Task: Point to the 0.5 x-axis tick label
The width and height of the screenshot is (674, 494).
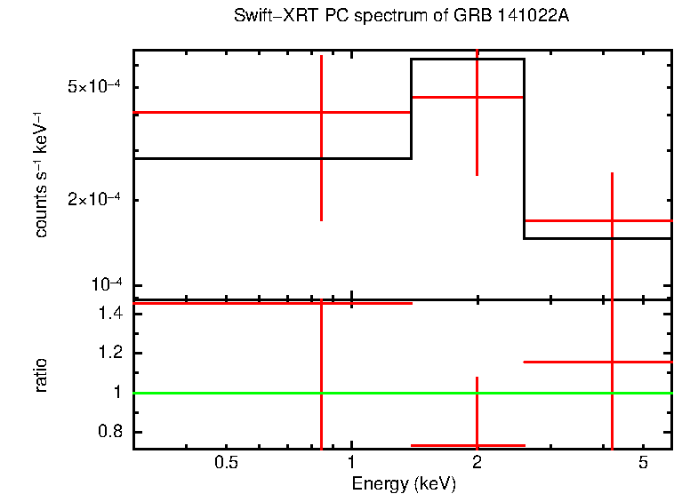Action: point(227,463)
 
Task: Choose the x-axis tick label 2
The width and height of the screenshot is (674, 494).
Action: point(477,463)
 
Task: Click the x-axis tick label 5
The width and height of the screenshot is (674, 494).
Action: point(643,463)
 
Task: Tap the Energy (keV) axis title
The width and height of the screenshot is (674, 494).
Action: point(404,483)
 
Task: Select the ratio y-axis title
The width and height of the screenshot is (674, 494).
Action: point(42,375)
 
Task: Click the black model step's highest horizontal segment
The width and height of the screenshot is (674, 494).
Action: point(467,59)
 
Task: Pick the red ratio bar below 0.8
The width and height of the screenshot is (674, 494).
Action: point(445,445)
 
